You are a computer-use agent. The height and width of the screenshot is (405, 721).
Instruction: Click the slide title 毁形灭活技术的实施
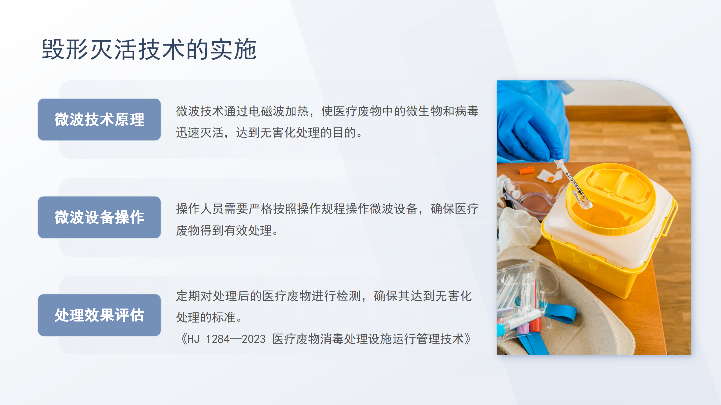(x=149, y=49)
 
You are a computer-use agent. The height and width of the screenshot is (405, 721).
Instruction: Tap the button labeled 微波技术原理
(x=99, y=120)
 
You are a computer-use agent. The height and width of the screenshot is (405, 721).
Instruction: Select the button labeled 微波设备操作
(x=99, y=217)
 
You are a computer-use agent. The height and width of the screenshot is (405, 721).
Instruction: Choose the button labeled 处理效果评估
(x=99, y=315)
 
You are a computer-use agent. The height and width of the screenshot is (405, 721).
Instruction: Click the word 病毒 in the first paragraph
(x=466, y=111)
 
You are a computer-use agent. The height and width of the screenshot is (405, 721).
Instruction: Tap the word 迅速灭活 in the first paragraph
(x=200, y=133)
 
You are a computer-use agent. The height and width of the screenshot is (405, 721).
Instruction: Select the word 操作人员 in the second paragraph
(x=200, y=209)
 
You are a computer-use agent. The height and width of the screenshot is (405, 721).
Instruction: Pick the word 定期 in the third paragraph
(x=188, y=296)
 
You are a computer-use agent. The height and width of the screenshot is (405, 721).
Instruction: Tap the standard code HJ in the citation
(x=193, y=339)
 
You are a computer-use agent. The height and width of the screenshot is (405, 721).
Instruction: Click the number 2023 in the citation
(x=253, y=339)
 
